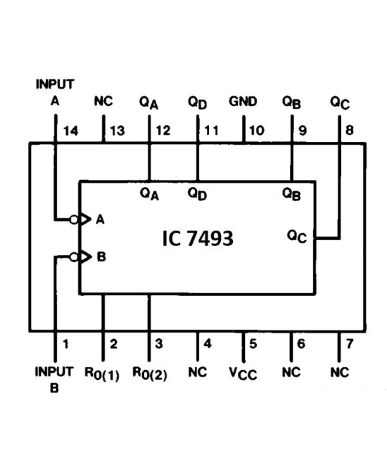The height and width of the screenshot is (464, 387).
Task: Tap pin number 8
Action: pyautogui.click(x=350, y=131)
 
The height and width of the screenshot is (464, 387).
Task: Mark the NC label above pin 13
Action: pyautogui.click(x=103, y=102)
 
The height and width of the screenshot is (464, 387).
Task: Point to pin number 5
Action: pyautogui.click(x=254, y=344)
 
